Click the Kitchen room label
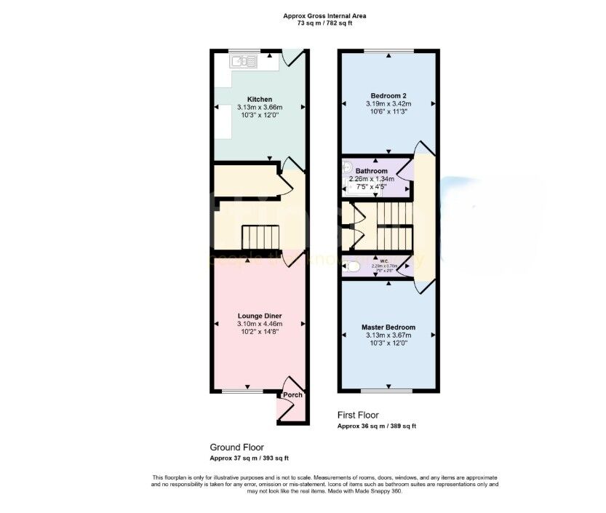260,100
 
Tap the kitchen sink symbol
244,62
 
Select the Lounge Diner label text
259,316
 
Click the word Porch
292,395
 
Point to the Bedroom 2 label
388,96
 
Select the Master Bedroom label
388,327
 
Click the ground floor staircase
260,236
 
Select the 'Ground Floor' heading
236,447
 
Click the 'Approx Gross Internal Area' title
324,16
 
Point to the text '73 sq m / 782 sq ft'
324,23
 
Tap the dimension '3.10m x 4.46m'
259,324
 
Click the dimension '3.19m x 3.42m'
388,104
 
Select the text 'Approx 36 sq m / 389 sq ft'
376,426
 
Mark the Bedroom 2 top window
388,51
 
